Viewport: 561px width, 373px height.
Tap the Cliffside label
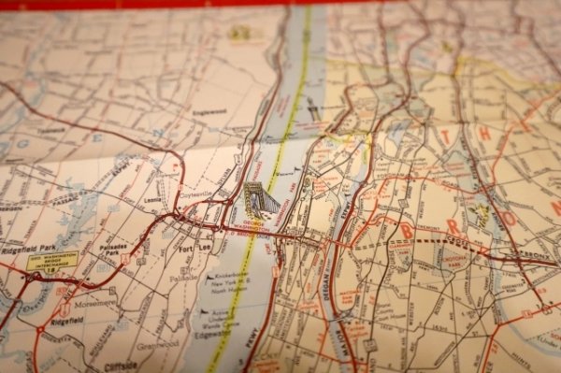pyautogui.click(x=121, y=366)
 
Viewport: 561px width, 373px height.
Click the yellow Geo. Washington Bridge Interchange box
pyautogui.click(x=52, y=261)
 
